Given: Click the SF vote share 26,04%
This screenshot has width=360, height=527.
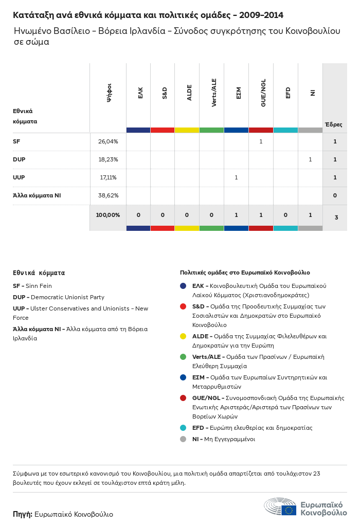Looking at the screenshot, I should tap(108, 141).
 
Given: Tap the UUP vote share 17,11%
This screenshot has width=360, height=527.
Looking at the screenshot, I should tap(108, 177).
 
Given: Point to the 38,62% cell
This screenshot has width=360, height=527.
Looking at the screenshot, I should tap(108, 195).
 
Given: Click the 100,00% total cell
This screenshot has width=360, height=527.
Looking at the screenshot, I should tap(108, 215).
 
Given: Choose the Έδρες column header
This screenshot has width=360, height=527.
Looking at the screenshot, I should tap(333, 124).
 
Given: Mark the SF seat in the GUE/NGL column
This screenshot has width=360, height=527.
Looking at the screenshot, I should tap(261, 141).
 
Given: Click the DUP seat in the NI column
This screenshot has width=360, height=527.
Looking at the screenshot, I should tap(310, 159).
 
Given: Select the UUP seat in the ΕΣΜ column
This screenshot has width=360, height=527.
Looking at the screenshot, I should tap(236, 177).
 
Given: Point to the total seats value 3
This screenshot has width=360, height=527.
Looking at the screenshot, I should tap(336, 217).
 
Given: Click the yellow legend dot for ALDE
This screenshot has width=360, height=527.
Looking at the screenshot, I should tap(183, 336).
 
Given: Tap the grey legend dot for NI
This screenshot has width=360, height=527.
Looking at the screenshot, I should tap(183, 439).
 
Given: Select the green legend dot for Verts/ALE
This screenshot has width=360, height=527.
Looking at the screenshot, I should tap(183, 357).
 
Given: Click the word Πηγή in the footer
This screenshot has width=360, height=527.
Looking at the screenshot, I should tap(23, 514).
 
